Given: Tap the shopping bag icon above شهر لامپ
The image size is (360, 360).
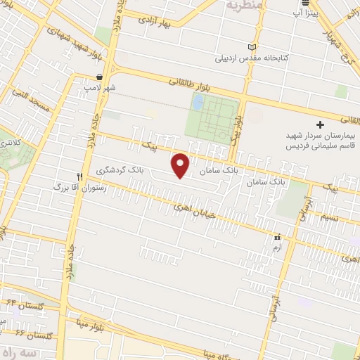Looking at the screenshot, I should [x=100, y=77].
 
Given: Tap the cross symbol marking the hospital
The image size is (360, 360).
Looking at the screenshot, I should [x=321, y=124].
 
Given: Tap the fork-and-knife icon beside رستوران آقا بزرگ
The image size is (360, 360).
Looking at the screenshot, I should [x=79, y=175].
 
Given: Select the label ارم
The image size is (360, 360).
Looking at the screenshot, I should [x=277, y=248].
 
